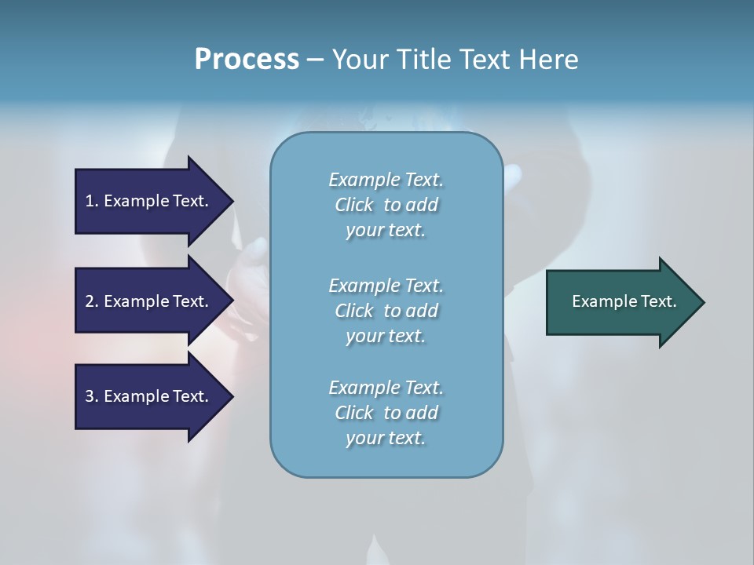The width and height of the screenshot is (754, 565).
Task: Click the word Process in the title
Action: point(247,59)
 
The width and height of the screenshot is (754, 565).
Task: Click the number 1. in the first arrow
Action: point(91,201)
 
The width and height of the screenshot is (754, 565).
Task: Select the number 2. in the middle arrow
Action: point(91,301)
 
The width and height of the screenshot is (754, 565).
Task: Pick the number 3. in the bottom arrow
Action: point(91,396)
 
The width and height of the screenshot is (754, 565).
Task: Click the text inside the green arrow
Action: point(624,301)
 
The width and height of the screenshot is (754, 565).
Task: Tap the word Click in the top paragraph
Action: point(353,205)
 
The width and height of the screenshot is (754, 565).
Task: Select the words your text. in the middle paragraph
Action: point(386,336)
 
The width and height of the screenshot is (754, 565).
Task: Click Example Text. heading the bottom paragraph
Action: point(386,387)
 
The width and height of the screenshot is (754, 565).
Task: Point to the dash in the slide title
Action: point(315,60)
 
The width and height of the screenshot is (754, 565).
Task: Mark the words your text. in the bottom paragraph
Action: point(386,438)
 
